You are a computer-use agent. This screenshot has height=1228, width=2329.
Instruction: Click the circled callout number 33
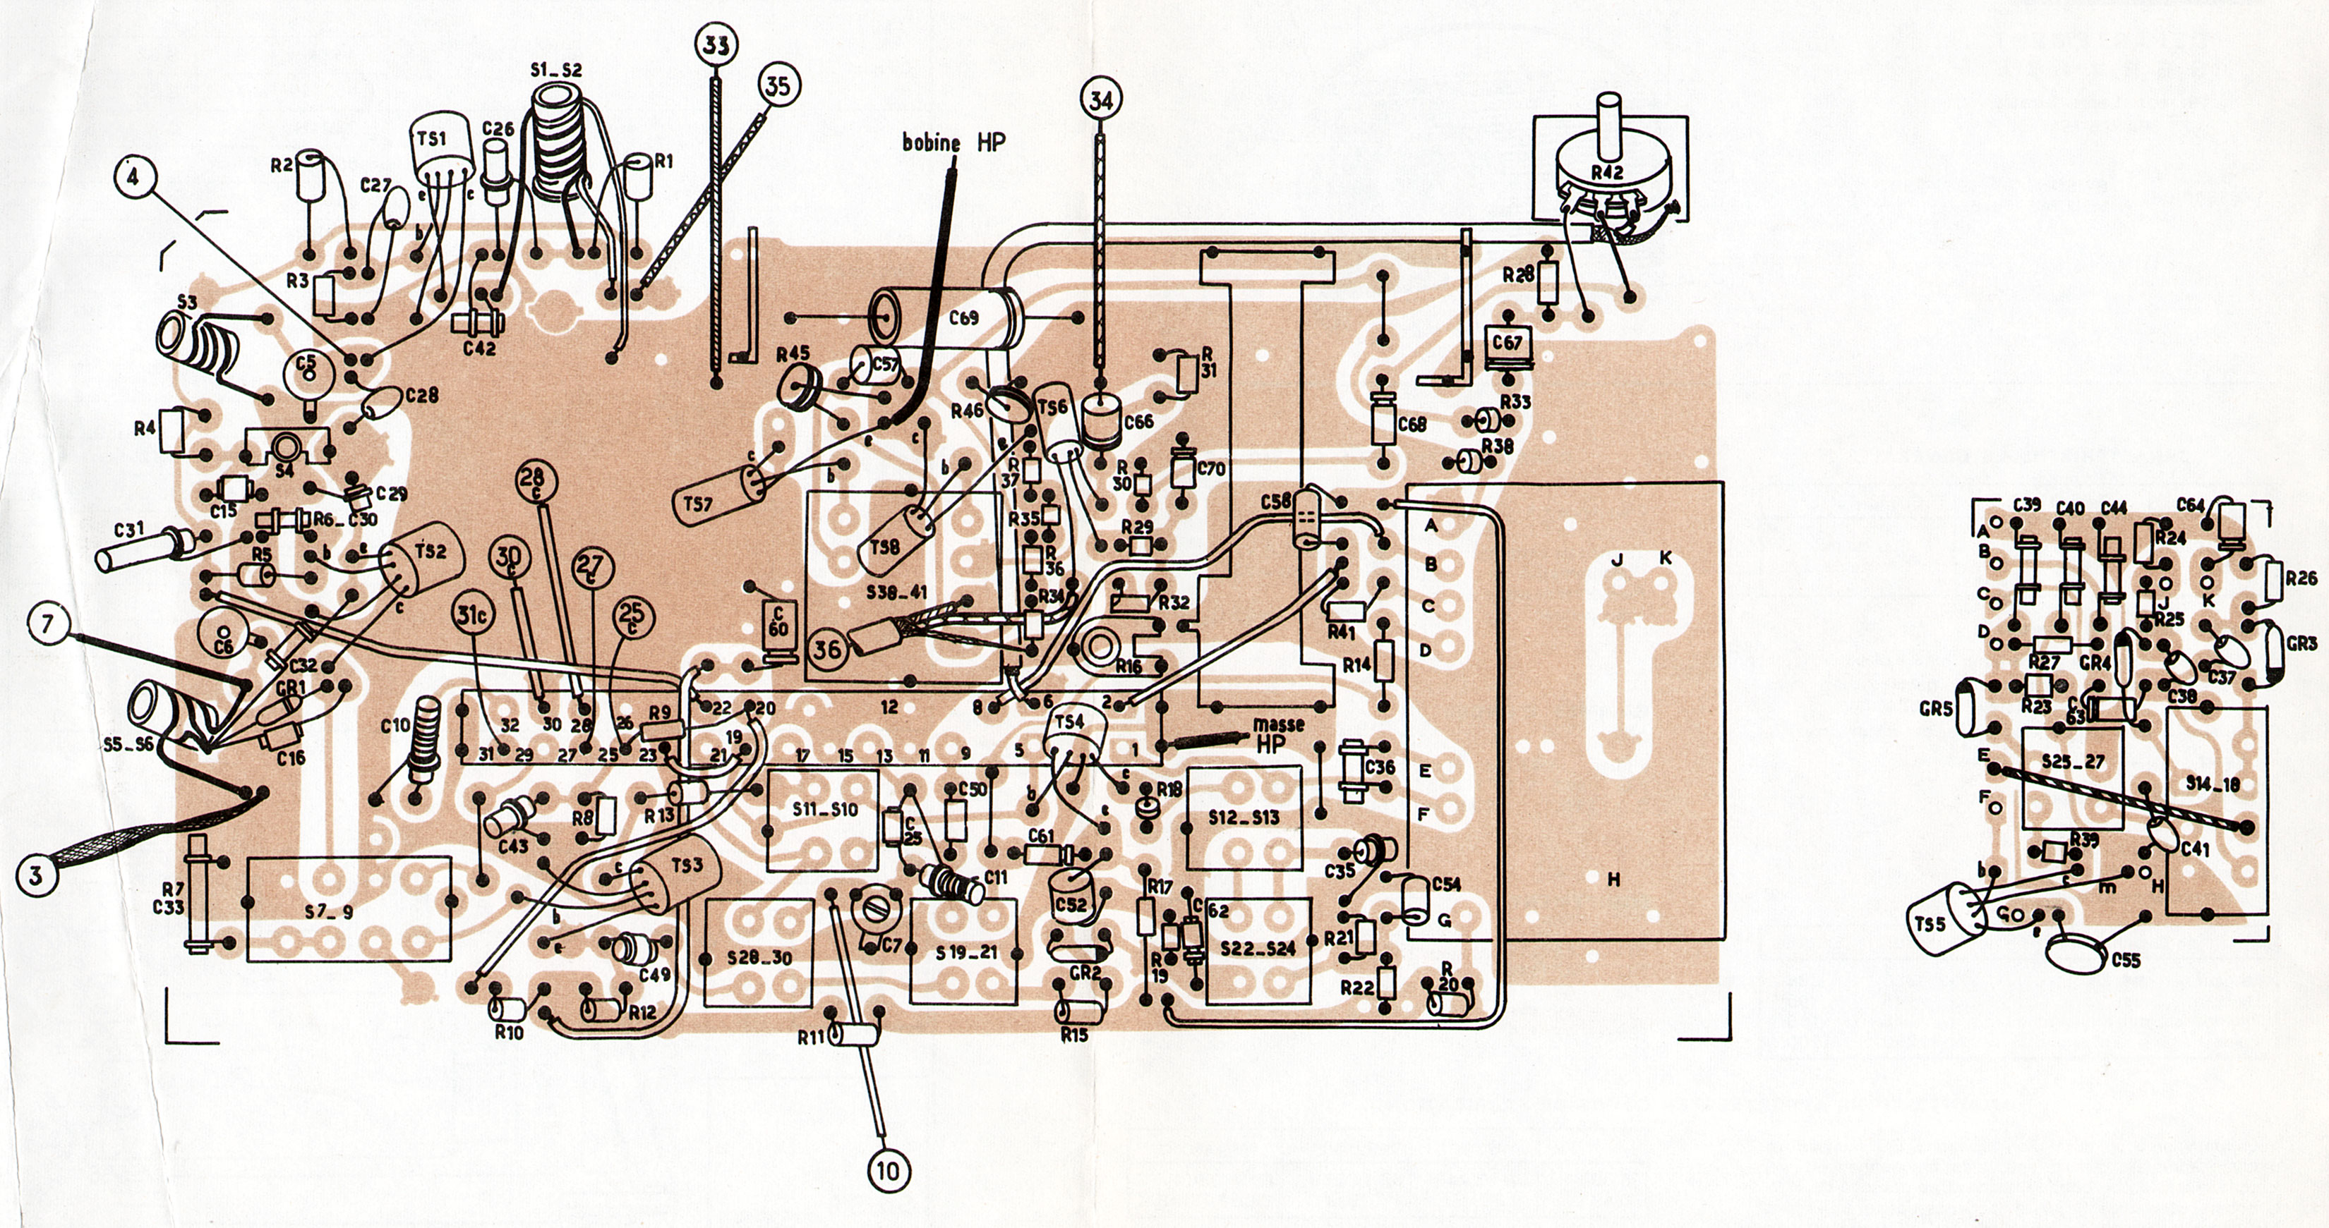click(x=717, y=43)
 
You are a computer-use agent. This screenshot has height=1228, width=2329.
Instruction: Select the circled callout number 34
click(x=1100, y=101)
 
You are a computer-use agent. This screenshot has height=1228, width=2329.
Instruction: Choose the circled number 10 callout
click(x=888, y=1171)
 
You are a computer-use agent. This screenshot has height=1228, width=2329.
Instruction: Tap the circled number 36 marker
click(x=827, y=648)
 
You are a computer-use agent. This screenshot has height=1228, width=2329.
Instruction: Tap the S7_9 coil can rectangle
click(x=348, y=909)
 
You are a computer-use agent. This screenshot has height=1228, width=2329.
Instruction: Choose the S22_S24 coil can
click(x=1258, y=949)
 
